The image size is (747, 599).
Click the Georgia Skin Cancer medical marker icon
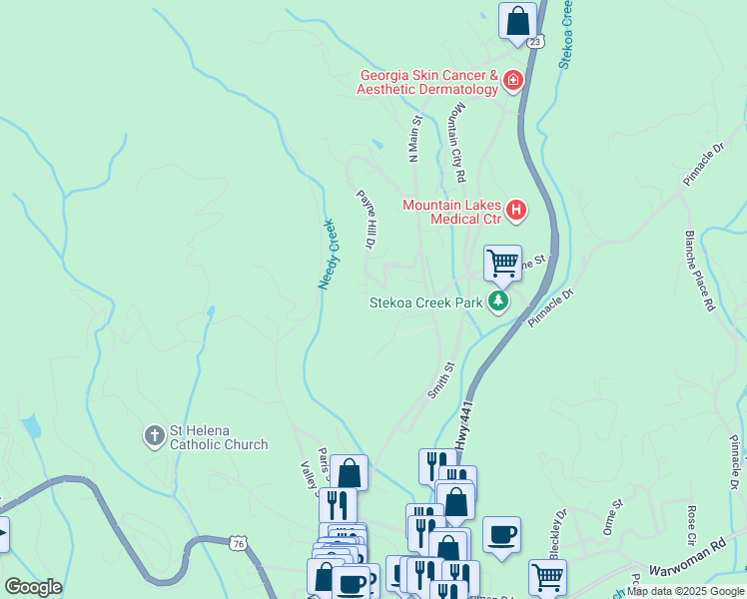tap(512, 79)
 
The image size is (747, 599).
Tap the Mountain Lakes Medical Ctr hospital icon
tap(515, 210)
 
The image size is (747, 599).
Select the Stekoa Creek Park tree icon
tap(498, 301)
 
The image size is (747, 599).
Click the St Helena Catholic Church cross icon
tap(154, 435)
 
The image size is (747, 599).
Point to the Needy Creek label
tap(330, 254)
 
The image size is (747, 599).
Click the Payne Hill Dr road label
tap(367, 219)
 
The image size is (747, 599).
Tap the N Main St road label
tap(414, 138)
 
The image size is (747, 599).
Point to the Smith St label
tap(441, 380)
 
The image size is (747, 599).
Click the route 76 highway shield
tap(236, 543)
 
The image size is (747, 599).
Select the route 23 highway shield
tap(536, 42)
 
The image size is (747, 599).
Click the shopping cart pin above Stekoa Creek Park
tap(502, 264)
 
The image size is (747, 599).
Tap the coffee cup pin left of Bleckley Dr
tap(500, 533)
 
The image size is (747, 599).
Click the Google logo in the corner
tap(33, 587)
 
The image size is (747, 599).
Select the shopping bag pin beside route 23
tap(517, 20)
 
